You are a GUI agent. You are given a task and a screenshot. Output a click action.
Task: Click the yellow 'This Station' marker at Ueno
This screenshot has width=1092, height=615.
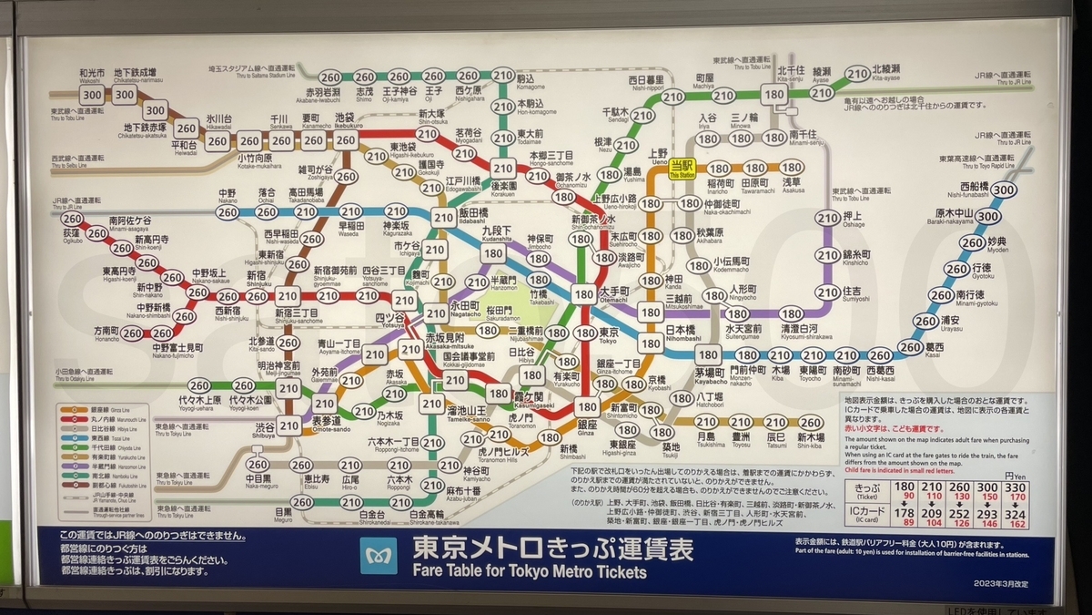pyautogui.click(x=682, y=169)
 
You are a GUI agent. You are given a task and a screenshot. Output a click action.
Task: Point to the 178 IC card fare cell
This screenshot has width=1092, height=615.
pyautogui.click(x=905, y=513)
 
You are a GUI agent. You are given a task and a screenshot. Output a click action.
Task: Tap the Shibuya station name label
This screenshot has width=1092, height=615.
pyautogui.click(x=265, y=429)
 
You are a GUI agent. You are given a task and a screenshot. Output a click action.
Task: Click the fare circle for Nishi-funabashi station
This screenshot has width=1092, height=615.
pyautogui.click(x=1003, y=190)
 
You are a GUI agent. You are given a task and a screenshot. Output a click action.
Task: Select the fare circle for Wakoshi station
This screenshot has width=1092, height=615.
pyautogui.click(x=91, y=94)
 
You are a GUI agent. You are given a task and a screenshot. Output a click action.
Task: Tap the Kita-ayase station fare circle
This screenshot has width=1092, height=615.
pyautogui.click(x=856, y=74)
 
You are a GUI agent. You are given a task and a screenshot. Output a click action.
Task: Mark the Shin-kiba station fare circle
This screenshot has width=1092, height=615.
pyautogui.click(x=810, y=423)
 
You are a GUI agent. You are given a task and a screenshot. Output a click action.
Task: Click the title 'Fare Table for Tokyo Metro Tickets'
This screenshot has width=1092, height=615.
pyautogui.click(x=530, y=572)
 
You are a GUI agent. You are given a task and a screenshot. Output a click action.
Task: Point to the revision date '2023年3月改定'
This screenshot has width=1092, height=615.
pyautogui.click(x=1001, y=583)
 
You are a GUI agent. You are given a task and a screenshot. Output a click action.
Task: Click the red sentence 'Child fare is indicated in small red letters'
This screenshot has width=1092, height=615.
pyautogui.click(x=919, y=472)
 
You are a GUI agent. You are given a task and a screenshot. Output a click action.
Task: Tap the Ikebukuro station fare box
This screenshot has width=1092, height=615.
pyautogui.click(x=345, y=140)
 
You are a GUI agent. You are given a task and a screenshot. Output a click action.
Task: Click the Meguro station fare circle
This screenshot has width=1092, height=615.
pyautogui.click(x=302, y=502)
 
